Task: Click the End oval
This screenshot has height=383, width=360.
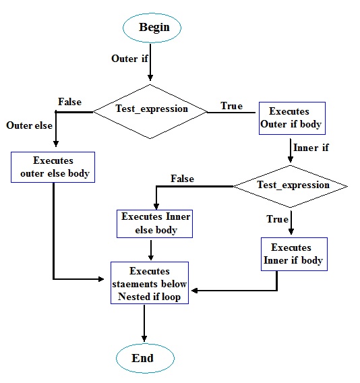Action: pos(143,357)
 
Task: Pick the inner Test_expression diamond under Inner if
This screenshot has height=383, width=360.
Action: pos(290,185)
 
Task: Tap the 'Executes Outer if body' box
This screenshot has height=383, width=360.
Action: pos(291,117)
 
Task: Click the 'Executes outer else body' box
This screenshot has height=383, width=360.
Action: pos(53,167)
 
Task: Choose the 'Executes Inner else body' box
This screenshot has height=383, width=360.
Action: pos(155,223)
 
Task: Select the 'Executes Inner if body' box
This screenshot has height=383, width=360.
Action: pos(294,254)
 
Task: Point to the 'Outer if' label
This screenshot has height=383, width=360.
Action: pos(129,59)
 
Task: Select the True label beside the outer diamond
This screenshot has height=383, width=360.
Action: pos(231,106)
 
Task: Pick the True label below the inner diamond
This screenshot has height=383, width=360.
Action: pos(277,219)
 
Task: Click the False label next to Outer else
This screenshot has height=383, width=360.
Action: pos(69,102)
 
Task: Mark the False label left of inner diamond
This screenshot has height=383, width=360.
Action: pos(182,179)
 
